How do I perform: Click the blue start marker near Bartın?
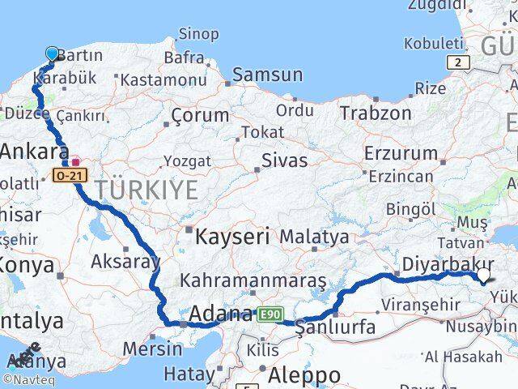click(53, 54)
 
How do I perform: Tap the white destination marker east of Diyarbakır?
click(485, 276)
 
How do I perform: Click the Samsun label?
click(267, 75)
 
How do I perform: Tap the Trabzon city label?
click(376, 113)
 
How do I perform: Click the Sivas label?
click(284, 160)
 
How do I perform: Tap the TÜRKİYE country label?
click(146, 191)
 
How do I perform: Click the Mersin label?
click(152, 349)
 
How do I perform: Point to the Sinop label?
click(197, 34)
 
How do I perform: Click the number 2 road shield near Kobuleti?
click(459, 62)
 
